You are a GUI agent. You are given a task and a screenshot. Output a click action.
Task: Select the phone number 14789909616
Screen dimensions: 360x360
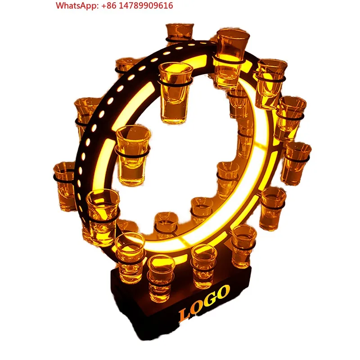point(146,5)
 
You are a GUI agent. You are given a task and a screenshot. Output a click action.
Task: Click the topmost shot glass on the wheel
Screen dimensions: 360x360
point(180,32)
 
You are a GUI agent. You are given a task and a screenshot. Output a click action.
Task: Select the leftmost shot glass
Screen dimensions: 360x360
point(65,186)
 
